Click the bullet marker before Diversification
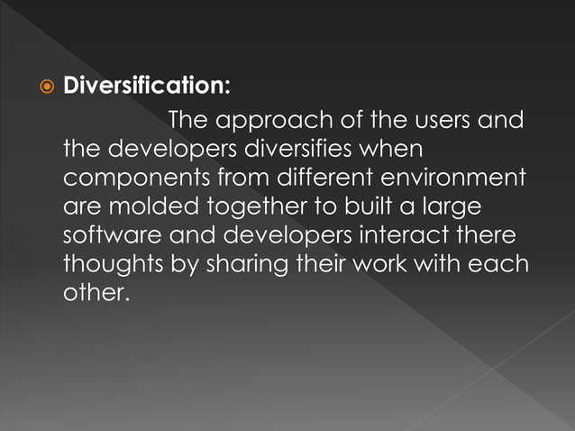point(46,87)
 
